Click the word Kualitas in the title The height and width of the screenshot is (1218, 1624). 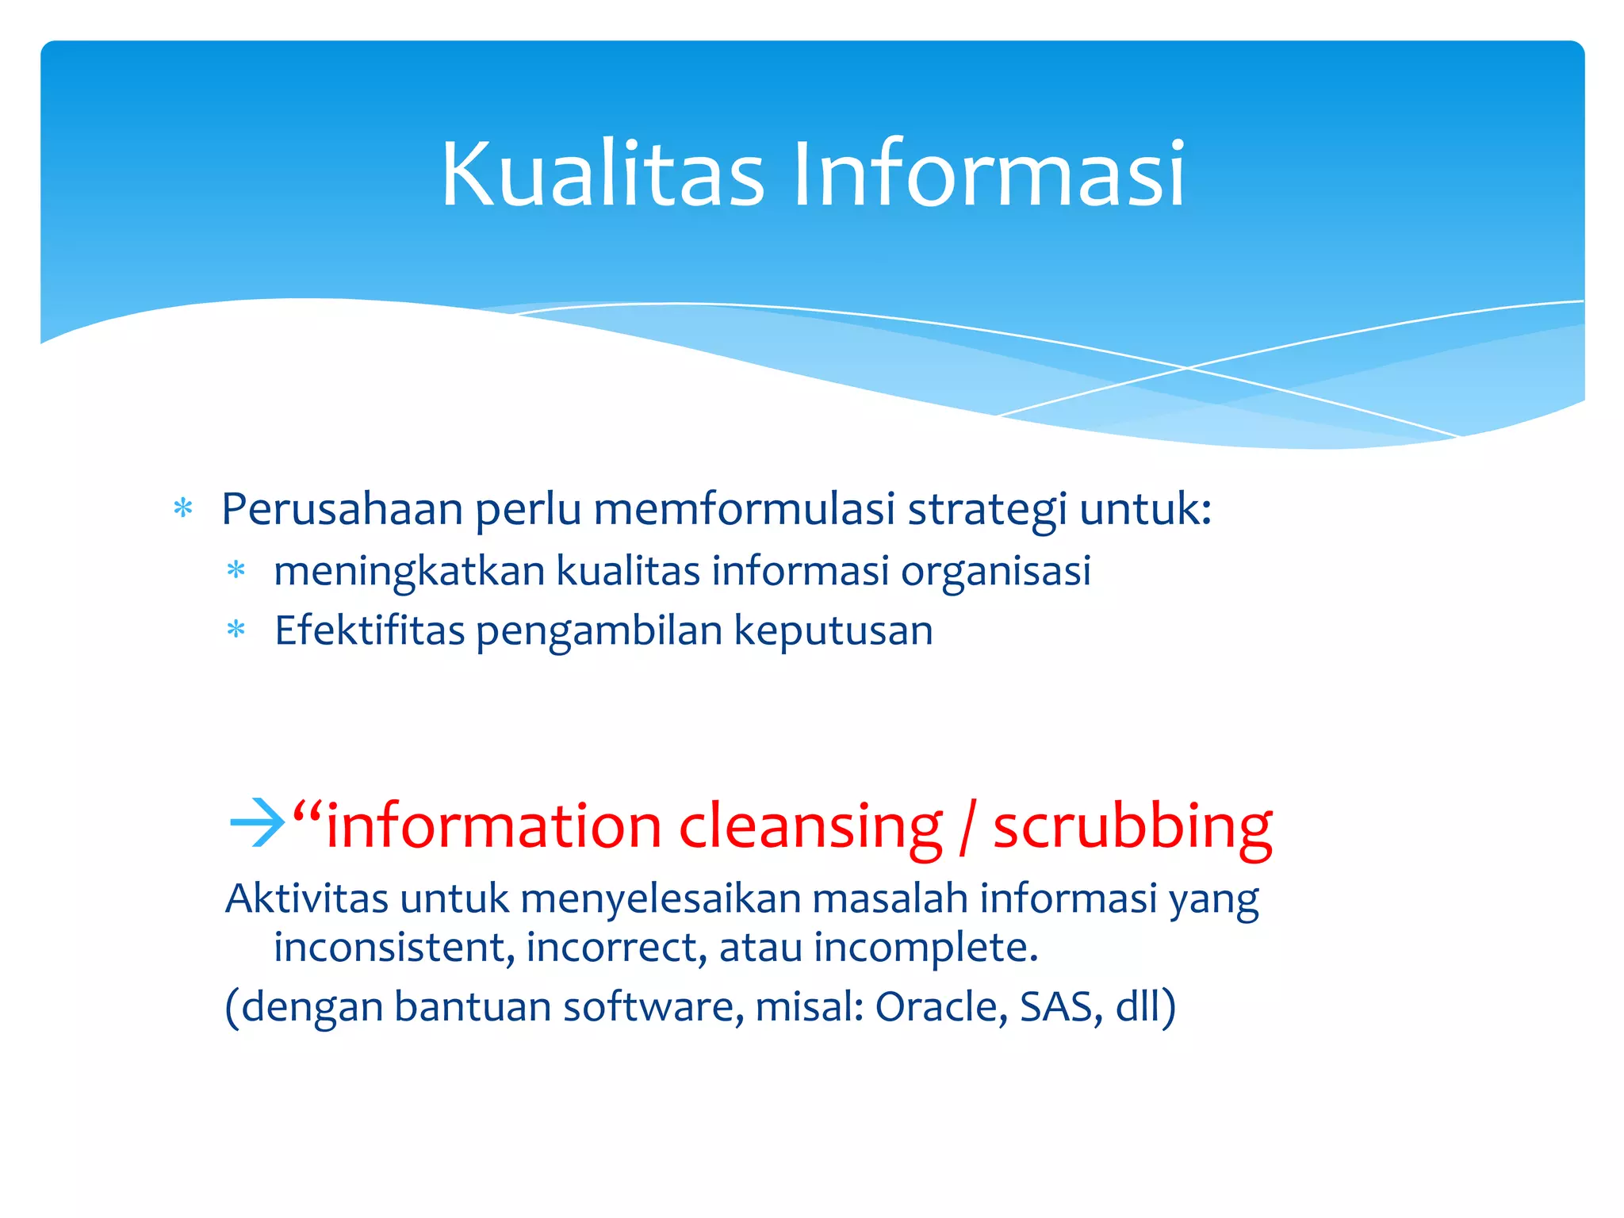(x=603, y=174)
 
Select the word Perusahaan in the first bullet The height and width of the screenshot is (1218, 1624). (x=342, y=509)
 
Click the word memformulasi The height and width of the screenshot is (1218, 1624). (x=744, y=509)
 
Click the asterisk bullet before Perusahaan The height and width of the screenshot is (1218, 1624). (x=183, y=508)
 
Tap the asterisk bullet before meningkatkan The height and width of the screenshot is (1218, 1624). (x=236, y=570)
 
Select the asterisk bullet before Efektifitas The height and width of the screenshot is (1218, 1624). (x=236, y=631)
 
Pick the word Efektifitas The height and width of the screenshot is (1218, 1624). (x=370, y=631)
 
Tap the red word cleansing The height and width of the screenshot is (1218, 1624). (x=810, y=828)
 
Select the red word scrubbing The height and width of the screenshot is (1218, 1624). (x=1132, y=828)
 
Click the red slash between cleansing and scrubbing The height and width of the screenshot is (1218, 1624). (x=966, y=828)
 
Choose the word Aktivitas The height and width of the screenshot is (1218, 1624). (x=307, y=898)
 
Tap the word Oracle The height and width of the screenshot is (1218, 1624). (x=941, y=1007)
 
